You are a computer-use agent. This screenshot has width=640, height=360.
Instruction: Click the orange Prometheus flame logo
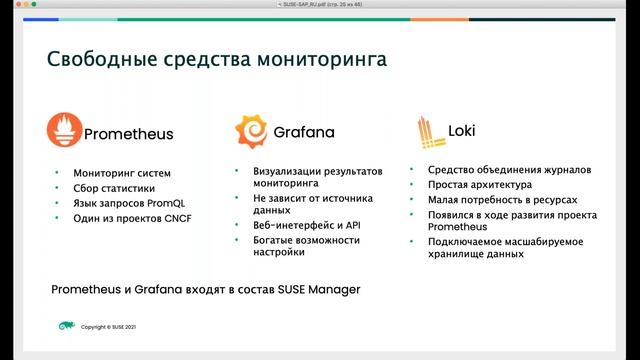(65, 131)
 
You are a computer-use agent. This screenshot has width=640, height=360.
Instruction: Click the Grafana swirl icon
(250, 131)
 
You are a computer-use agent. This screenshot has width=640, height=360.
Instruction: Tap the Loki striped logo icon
(428, 131)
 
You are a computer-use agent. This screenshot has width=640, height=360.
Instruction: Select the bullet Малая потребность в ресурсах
(501, 200)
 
